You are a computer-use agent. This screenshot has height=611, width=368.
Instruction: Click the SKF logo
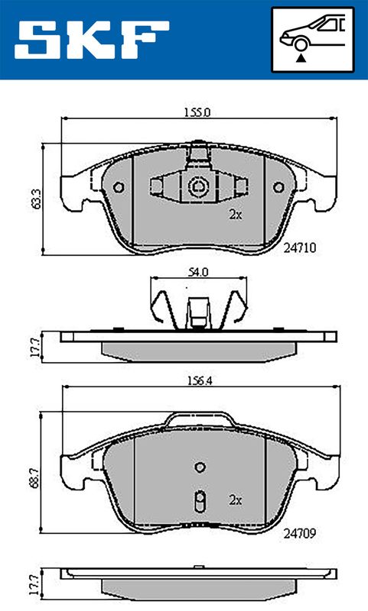click(92, 40)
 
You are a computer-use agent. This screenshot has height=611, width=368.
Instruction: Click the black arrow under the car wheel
click(301, 59)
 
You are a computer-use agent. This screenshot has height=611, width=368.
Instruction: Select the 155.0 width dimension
click(197, 112)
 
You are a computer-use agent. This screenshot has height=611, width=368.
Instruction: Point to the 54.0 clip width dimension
click(198, 272)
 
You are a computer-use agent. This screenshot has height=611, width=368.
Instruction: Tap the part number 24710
click(300, 247)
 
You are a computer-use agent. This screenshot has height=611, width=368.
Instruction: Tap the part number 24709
click(300, 533)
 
